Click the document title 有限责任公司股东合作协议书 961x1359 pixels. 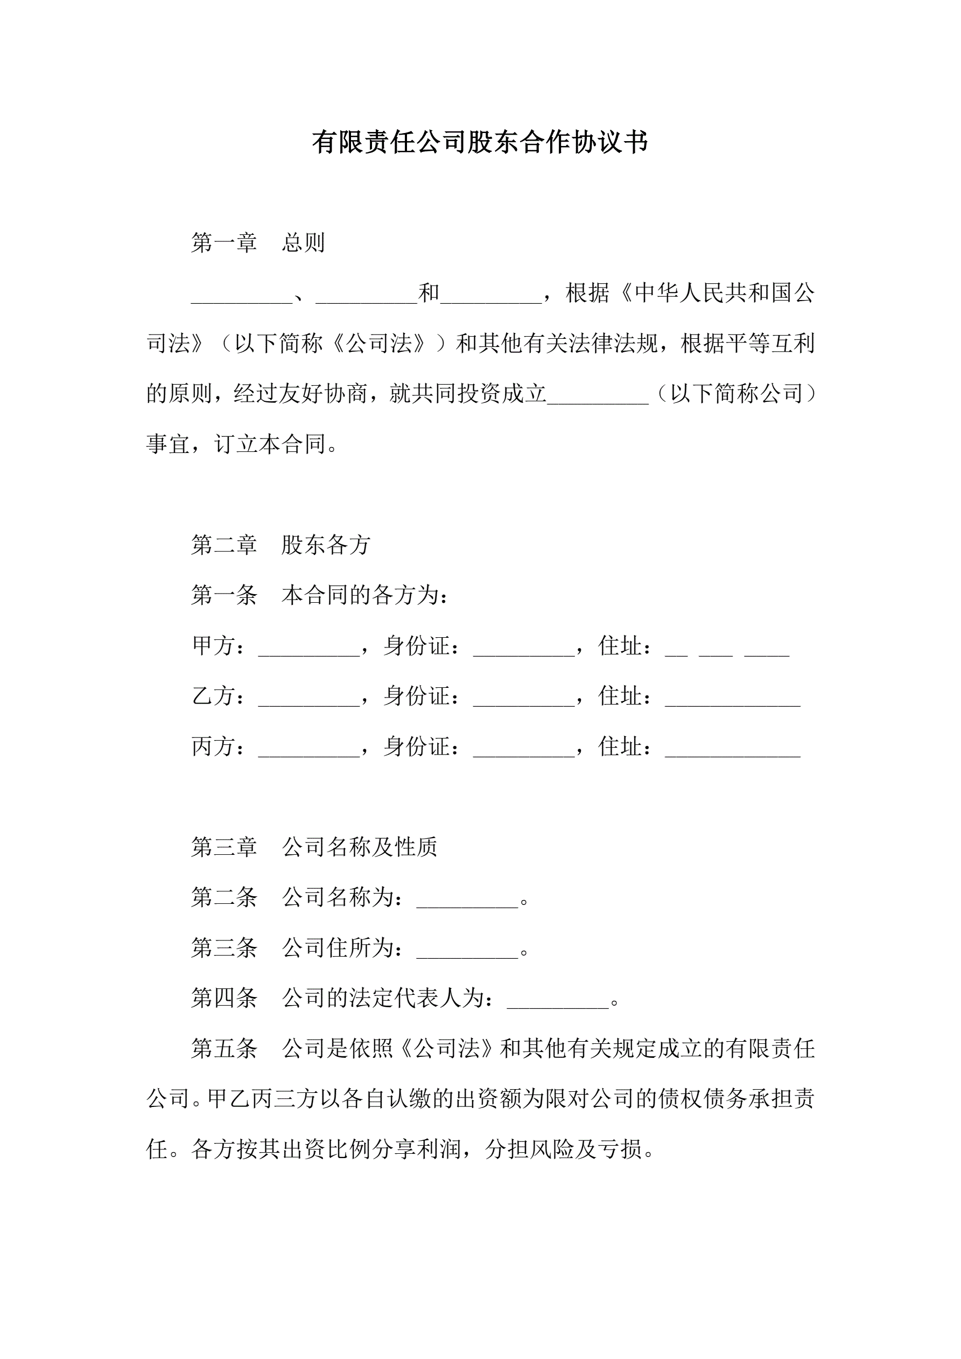480,142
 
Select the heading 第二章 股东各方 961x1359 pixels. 280,545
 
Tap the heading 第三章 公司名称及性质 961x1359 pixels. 314,847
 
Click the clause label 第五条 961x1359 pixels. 225,1049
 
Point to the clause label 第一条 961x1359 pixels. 225,595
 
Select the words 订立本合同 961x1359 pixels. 270,444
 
